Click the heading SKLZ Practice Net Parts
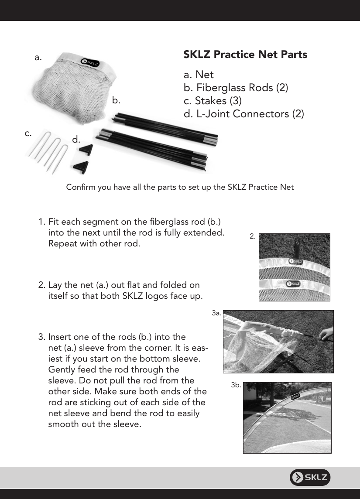245,55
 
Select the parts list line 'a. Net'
199,75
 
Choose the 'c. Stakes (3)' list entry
213,101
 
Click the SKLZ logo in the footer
310,478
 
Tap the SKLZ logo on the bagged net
90,62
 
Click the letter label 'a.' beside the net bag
38,58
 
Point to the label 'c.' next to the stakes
28,133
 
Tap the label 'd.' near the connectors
76,140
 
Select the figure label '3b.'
236,385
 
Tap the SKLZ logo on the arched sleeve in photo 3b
295,396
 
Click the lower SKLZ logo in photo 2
293,284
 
